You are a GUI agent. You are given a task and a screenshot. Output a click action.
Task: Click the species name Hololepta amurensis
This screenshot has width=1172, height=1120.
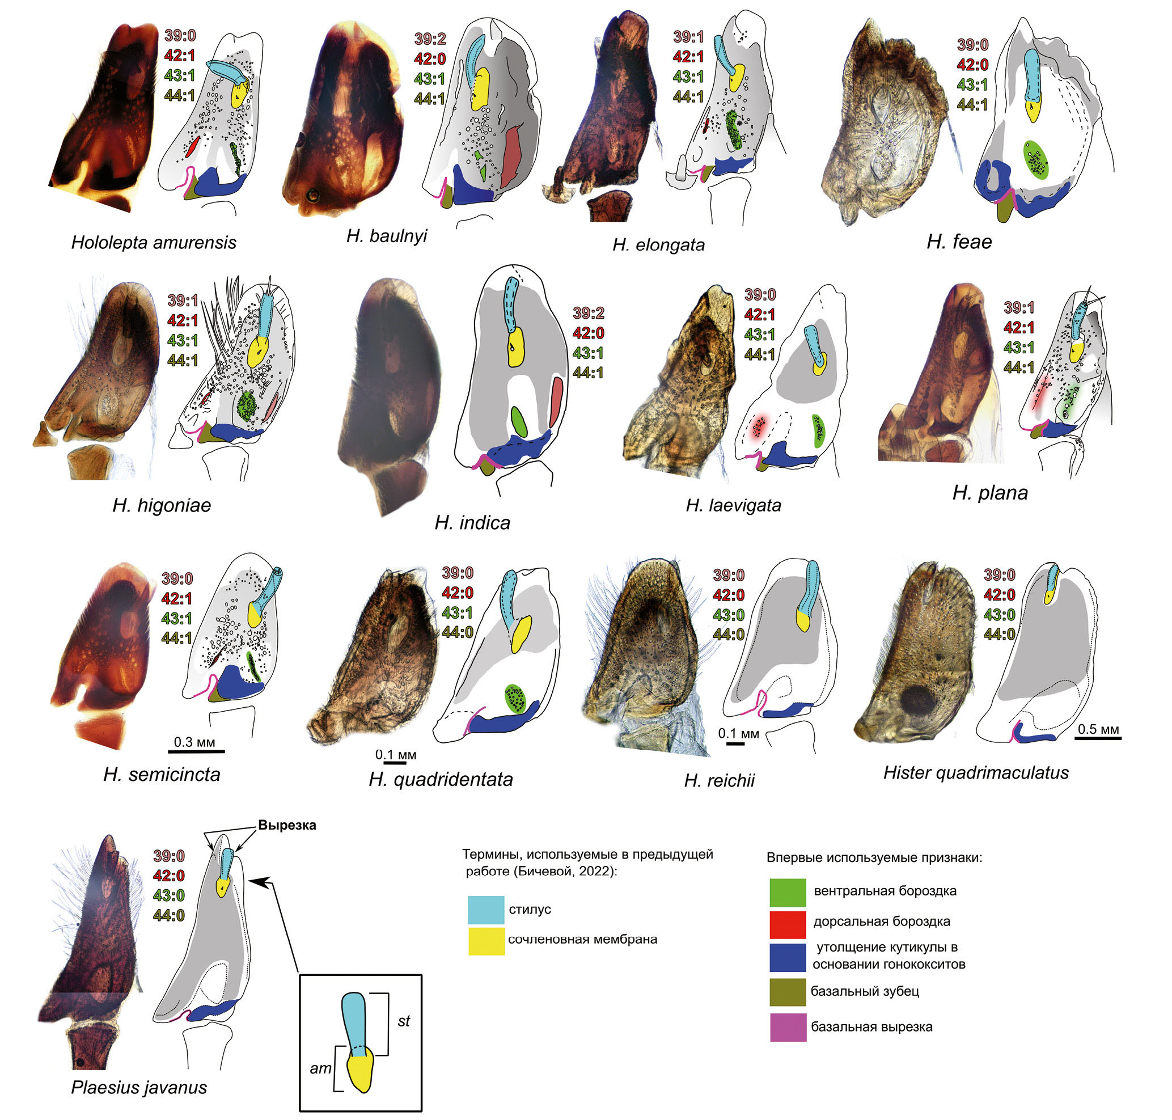tap(154, 242)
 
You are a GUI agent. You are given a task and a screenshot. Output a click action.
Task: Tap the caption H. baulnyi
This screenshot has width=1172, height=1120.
tap(387, 236)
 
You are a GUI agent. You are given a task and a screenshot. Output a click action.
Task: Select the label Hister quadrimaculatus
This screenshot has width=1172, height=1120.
tap(976, 772)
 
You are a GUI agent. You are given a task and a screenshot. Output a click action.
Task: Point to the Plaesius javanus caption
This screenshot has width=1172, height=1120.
tap(138, 1087)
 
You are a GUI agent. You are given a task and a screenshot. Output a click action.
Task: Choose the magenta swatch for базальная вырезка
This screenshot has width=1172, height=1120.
tap(788, 1028)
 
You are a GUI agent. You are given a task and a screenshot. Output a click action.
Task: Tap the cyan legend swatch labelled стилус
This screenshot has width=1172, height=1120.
tap(486, 910)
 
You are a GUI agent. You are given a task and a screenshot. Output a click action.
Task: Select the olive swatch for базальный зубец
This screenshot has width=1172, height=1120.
tap(787, 992)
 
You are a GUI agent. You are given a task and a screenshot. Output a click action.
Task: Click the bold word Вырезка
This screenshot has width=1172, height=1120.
tap(287, 825)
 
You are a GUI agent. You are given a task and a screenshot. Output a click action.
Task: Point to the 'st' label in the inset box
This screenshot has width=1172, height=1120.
tap(404, 1021)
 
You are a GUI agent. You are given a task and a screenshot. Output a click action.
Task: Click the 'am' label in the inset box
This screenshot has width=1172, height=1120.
tap(320, 1068)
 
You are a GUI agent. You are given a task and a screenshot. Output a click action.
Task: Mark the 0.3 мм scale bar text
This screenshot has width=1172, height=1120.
tap(194, 742)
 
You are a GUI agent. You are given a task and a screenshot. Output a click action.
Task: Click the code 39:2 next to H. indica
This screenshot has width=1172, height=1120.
tap(588, 312)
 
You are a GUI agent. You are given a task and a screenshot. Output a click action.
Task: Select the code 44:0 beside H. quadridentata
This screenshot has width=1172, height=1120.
tap(458, 632)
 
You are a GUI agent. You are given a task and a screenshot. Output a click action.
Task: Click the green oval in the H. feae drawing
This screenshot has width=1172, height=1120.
tap(1036, 160)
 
